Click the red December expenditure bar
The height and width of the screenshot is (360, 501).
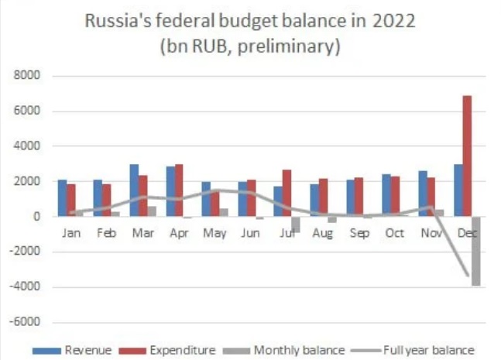coord(468,156)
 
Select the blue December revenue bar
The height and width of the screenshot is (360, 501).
coord(458,190)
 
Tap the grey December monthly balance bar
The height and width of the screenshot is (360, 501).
coord(476,251)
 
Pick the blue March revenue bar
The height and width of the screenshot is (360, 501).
coord(134,190)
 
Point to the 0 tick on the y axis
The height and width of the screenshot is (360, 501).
coord(36,217)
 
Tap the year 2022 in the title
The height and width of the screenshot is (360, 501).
coord(394,21)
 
